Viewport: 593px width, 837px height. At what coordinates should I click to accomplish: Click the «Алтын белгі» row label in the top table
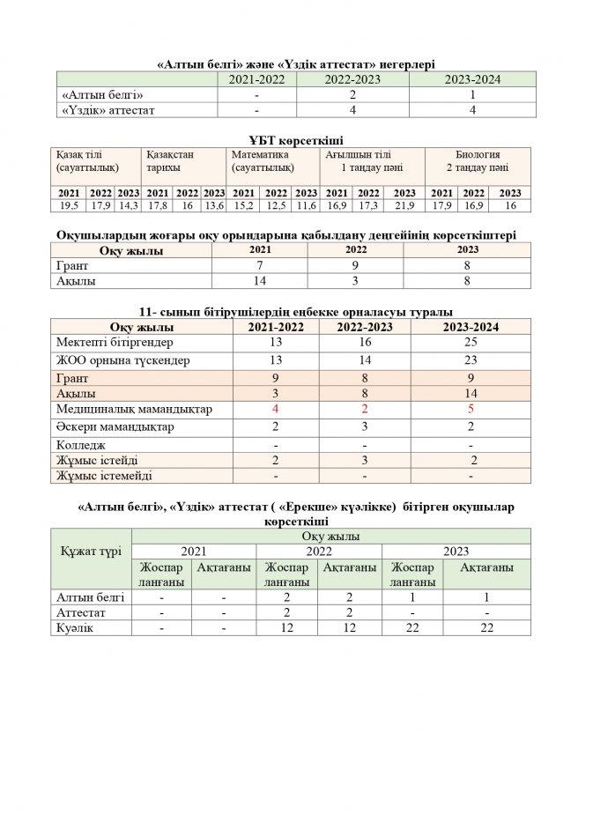(x=101, y=94)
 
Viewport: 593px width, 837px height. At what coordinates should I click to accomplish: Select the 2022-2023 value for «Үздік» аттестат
(x=352, y=110)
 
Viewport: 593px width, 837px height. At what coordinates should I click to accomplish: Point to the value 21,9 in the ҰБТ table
(x=404, y=205)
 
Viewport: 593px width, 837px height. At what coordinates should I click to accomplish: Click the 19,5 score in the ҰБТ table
(x=69, y=205)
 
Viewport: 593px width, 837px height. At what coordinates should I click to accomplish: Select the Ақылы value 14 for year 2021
(x=260, y=282)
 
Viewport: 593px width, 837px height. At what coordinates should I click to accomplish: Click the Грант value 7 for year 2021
(x=260, y=266)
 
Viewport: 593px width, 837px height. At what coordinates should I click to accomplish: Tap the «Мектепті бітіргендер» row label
(x=115, y=343)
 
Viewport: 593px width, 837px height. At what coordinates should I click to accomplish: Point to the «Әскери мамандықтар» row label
(x=115, y=426)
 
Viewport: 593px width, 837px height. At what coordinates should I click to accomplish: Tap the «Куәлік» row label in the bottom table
(x=75, y=629)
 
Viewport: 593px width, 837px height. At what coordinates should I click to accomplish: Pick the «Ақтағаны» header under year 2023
(x=486, y=568)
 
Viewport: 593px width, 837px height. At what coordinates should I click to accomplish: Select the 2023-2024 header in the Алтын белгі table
(x=473, y=79)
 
